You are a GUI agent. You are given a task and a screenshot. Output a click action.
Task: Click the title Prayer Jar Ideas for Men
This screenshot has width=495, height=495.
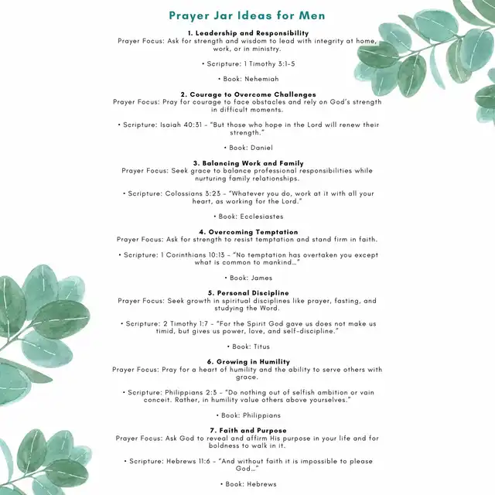click(x=247, y=15)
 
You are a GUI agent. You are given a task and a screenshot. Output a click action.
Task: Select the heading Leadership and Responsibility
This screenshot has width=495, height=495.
click(x=247, y=33)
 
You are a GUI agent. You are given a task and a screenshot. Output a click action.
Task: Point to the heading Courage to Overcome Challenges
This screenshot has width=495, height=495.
click(x=247, y=94)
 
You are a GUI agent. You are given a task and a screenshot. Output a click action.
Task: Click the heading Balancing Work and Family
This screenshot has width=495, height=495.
click(x=247, y=163)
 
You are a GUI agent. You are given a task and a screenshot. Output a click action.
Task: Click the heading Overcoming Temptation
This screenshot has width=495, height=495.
click(x=247, y=232)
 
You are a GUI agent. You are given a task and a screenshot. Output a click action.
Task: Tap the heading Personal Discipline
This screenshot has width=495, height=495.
click(x=247, y=293)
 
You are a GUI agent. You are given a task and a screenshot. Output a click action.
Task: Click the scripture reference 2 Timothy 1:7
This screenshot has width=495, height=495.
click(x=191, y=323)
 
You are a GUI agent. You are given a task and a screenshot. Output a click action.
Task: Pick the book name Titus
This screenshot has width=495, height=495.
click(x=259, y=346)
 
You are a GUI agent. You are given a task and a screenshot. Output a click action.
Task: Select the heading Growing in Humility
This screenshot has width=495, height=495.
click(x=247, y=361)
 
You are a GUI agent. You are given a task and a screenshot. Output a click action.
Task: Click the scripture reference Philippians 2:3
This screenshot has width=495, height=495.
click(x=194, y=392)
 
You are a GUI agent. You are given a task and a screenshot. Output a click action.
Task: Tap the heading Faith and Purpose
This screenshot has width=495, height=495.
click(x=247, y=430)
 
